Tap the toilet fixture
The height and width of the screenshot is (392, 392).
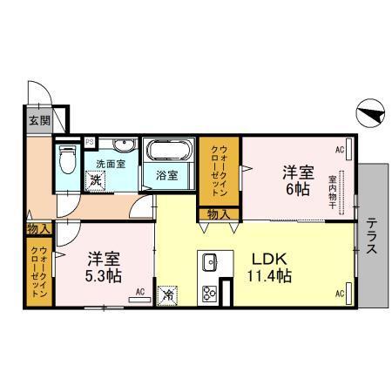(x=67, y=160)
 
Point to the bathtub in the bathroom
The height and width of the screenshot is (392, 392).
(x=168, y=150)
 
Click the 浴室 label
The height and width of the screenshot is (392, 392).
(x=167, y=175)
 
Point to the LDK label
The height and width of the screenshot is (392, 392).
(x=267, y=260)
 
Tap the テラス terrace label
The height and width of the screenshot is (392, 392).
(x=371, y=235)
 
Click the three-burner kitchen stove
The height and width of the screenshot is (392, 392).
(x=210, y=292)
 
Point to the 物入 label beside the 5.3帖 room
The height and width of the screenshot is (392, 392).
(x=37, y=228)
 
